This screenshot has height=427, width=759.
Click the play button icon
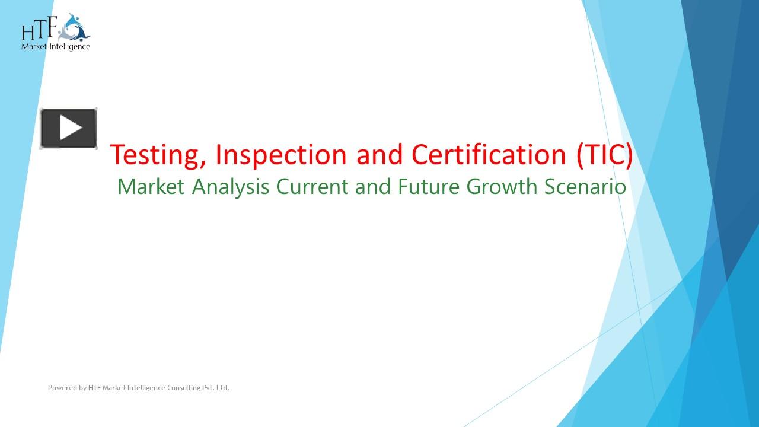[69, 128]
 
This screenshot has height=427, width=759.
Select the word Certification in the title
[489, 155]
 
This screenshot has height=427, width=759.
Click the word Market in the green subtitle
[151, 187]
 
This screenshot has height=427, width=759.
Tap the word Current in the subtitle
[312, 187]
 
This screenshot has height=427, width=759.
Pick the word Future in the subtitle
[429, 187]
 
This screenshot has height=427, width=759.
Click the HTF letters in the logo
[39, 30]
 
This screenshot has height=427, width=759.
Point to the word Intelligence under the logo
[71, 46]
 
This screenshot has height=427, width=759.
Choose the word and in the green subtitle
[374, 187]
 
